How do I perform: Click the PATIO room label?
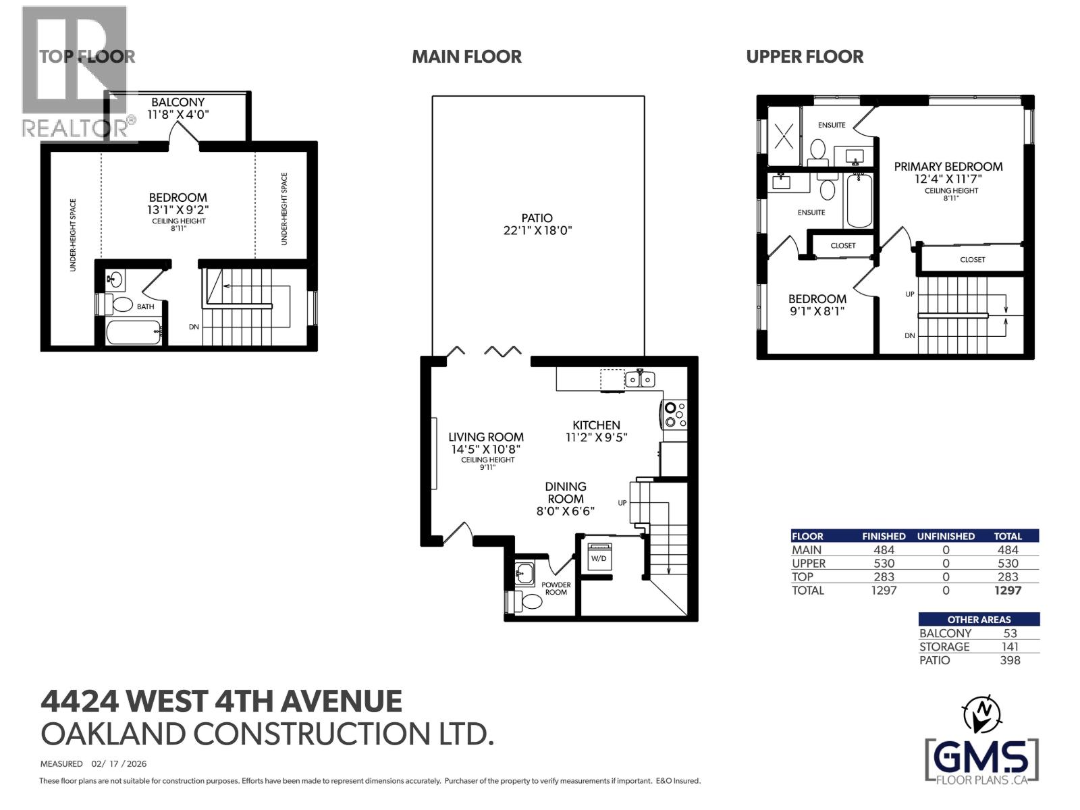[x=537, y=218]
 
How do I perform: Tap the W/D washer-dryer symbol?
[x=599, y=558]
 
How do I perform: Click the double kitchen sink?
[x=640, y=379]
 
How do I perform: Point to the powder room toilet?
[x=531, y=601]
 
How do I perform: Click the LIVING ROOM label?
[x=486, y=437]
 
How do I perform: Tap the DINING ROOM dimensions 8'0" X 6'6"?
[x=565, y=511]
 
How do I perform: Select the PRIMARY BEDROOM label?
[x=948, y=167]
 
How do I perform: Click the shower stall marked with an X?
[x=784, y=136]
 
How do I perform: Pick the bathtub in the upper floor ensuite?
[x=859, y=200]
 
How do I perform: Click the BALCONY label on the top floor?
[x=178, y=102]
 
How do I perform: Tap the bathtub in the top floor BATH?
[x=134, y=331]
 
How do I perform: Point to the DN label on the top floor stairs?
[x=194, y=327]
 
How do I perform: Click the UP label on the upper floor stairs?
[x=910, y=294]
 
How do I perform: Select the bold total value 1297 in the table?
[x=1007, y=590]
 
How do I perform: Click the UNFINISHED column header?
[x=945, y=536]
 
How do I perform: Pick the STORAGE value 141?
[x=1010, y=647]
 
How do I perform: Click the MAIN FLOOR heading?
[x=466, y=57]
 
